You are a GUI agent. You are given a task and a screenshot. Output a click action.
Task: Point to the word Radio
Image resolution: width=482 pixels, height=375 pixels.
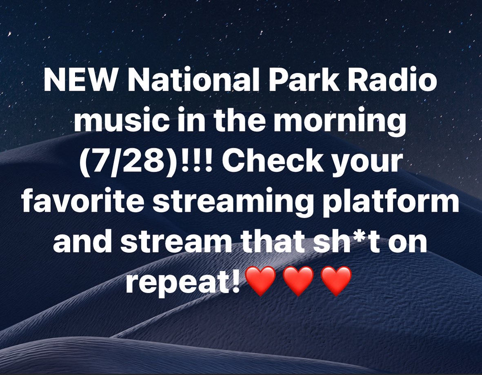click(x=398, y=82)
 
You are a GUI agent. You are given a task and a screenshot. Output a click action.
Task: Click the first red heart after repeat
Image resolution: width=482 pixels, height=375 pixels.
click(x=262, y=281)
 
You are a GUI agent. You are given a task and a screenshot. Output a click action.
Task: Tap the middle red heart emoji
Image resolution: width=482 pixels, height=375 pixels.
click(x=299, y=281)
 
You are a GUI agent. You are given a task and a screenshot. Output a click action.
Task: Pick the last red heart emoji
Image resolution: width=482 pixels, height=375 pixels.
click(x=336, y=281)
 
